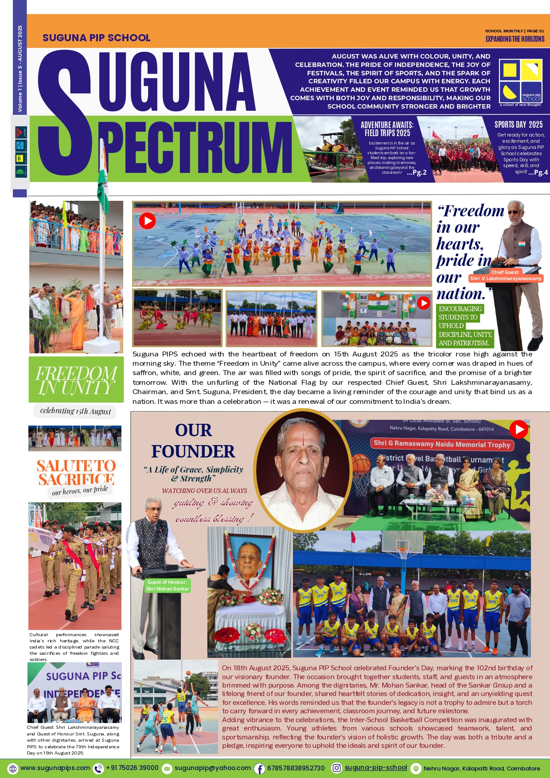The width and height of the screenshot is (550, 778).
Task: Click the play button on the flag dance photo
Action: pos(147,220)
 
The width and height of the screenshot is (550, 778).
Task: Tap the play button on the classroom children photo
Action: pos(424,303)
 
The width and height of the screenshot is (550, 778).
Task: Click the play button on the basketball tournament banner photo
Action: pos(519,429)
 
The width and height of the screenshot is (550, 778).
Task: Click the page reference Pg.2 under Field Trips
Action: pos(417,172)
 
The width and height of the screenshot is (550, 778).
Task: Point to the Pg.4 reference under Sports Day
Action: pos(538,172)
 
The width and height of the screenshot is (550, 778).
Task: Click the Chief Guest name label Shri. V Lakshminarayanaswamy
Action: pos(506,278)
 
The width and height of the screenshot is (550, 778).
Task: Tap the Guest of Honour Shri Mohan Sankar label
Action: pos(168,586)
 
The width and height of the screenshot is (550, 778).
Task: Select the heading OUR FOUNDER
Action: pos(193,441)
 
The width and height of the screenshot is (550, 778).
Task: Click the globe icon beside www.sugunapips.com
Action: pos(13,768)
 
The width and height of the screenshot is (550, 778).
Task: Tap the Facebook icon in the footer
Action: pos(259,768)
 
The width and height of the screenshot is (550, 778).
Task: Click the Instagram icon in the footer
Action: pos(337,768)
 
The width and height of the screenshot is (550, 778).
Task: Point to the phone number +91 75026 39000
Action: pos(132,768)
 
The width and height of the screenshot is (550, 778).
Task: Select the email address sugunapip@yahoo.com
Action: pos(212,768)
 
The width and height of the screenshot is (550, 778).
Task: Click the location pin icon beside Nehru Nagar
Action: pos(415,768)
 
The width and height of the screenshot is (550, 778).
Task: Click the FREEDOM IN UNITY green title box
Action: pos(76,379)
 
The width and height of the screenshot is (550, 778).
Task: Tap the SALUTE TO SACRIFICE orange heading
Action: pos(76,473)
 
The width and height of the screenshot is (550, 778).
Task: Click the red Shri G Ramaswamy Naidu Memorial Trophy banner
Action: pos(442,444)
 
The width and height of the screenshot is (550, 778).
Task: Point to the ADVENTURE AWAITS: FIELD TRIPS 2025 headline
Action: pos(387,129)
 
